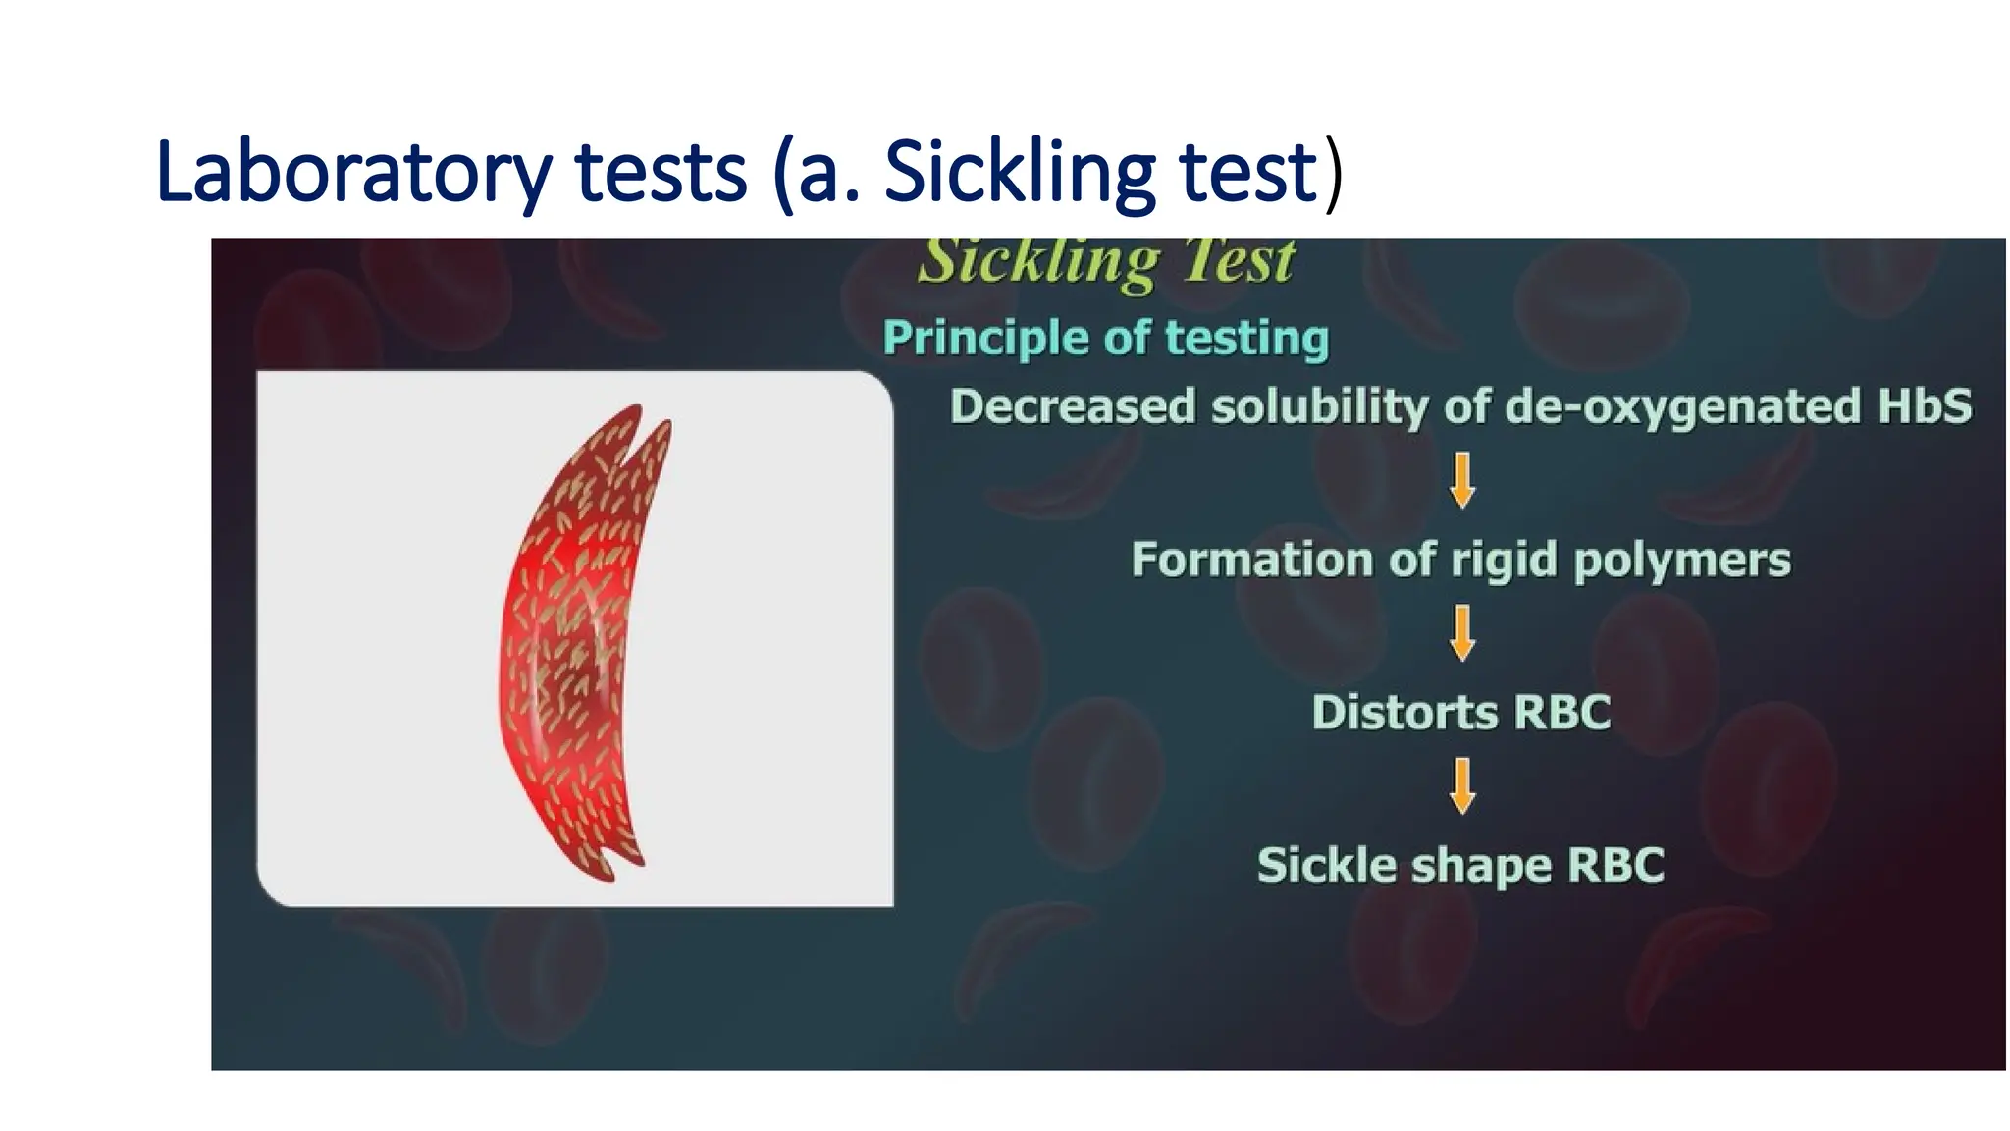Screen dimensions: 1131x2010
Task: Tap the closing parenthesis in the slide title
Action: tap(1333, 175)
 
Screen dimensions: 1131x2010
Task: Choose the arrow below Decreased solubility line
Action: tap(1462, 480)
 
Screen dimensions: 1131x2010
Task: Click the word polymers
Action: tap(1682, 560)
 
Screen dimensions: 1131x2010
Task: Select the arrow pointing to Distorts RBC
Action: tap(1462, 633)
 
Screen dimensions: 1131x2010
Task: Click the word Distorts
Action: tap(1404, 713)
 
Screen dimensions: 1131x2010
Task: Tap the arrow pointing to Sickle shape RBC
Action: tap(1462, 785)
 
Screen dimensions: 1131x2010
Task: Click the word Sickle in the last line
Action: tap(1327, 865)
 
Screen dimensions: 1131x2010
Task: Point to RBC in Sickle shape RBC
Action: tap(1615, 865)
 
